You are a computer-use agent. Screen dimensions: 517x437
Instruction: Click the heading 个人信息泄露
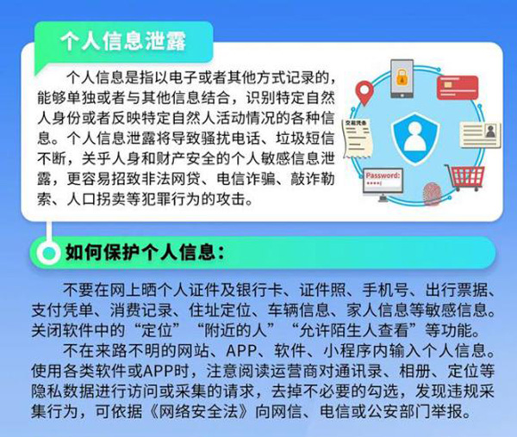tap(123, 41)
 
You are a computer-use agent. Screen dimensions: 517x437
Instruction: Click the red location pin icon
tap(364, 93)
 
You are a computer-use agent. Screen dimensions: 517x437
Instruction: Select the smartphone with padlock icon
tap(402, 78)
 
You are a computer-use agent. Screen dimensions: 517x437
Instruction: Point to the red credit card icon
tap(458, 88)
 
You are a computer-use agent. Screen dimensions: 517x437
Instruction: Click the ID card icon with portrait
tap(481, 135)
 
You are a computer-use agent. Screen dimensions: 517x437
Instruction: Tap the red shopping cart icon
tap(465, 177)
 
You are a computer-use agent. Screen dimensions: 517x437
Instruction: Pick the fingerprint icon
tap(432, 194)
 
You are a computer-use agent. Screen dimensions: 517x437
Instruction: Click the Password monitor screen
tap(383, 182)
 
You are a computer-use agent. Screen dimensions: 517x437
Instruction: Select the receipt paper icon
tap(357, 138)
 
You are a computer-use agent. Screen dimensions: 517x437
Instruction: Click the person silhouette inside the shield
tap(415, 136)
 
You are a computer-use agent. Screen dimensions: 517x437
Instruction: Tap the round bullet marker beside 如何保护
tap(49, 252)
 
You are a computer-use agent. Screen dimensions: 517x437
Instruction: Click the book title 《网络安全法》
tap(198, 412)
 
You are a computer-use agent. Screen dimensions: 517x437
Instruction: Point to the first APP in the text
tap(241, 351)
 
